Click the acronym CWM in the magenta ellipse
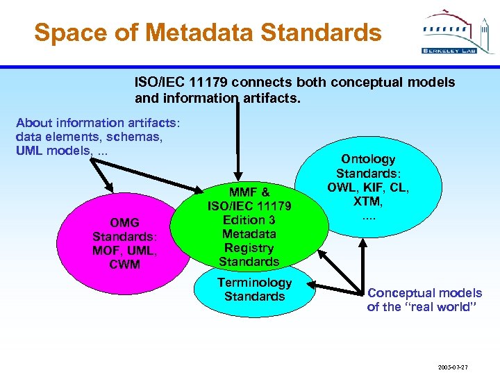125,265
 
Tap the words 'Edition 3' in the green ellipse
249,220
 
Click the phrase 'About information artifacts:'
98,123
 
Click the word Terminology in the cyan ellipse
254,283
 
